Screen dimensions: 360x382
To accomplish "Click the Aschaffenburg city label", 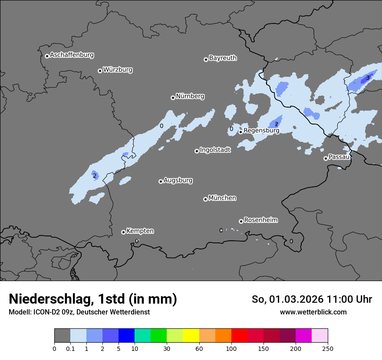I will point(72,55).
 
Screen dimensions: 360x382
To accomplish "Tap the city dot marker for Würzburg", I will point(100,71).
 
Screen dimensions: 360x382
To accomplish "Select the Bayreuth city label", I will point(223,58).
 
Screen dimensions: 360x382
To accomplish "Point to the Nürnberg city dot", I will point(173,98).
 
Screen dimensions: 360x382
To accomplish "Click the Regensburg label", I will point(261,130).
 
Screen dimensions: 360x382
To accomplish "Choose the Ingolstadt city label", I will point(215,150).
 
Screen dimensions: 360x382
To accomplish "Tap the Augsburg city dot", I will point(161,181).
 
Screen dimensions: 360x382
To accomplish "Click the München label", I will point(222,198).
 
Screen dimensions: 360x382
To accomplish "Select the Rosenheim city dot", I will point(241,221).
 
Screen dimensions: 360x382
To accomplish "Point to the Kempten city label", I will point(140,231).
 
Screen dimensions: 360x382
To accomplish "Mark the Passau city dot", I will point(326,158).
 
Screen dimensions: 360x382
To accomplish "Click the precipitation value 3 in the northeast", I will point(367,78).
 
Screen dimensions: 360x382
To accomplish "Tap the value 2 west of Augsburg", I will point(94,176).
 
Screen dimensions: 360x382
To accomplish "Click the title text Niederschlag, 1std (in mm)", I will point(93,299).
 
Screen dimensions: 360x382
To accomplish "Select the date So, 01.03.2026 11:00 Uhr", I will point(312,299).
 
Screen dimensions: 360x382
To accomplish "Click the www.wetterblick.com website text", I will point(313,312).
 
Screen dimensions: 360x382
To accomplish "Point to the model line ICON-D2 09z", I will point(79,312).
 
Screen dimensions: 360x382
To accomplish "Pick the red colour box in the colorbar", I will point(239,336).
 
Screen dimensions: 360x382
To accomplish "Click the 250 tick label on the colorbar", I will point(328,348).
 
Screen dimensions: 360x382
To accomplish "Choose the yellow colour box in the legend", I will point(191,336).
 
